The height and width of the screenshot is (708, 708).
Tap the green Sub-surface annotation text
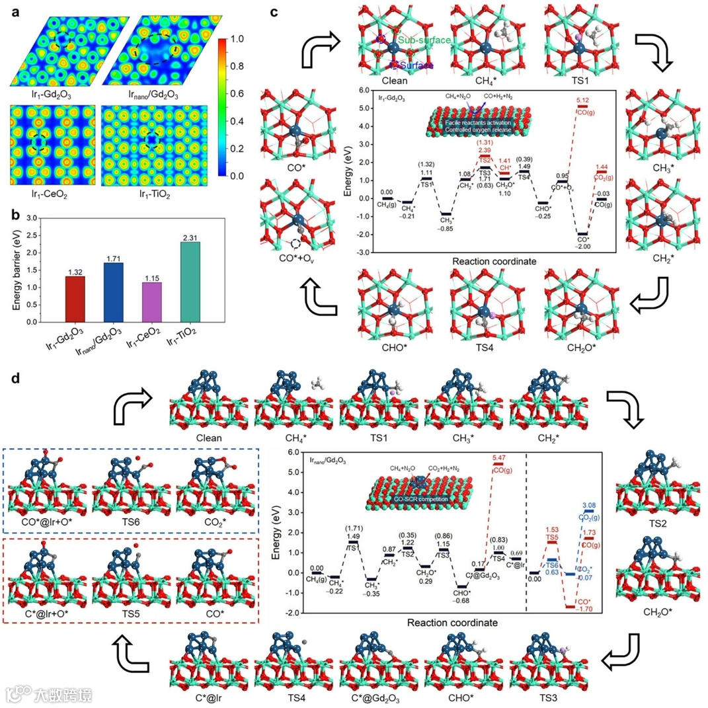[x=427, y=41]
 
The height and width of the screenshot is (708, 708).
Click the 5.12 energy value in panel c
[x=582, y=100]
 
